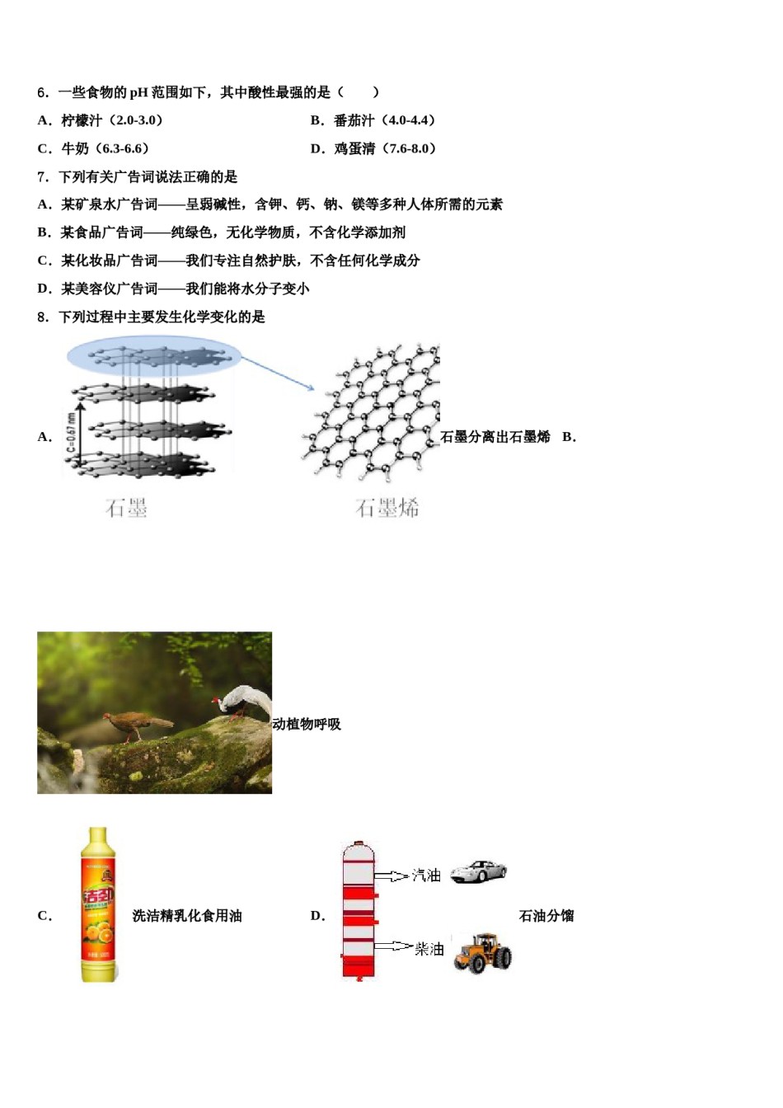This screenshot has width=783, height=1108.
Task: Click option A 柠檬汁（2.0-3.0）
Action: point(111,120)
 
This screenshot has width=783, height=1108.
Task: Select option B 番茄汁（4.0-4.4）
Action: point(383,120)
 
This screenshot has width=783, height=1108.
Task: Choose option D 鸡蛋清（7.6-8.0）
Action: point(384,148)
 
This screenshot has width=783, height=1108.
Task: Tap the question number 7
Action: point(43,176)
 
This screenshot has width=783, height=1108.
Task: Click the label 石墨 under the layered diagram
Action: point(126,508)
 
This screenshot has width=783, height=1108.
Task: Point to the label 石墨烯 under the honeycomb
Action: point(387,508)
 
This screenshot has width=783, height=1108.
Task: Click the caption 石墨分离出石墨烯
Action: point(495,437)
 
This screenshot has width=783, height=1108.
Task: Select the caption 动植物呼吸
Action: point(307,724)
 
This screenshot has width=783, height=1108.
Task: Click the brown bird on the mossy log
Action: point(136,725)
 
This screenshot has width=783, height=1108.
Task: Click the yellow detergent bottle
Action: point(98,905)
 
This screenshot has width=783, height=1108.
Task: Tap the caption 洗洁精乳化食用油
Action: point(187,916)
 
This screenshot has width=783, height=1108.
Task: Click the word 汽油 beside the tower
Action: point(426,876)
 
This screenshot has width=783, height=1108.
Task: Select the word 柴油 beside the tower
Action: point(429,949)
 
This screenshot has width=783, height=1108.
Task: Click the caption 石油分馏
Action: point(546,916)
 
